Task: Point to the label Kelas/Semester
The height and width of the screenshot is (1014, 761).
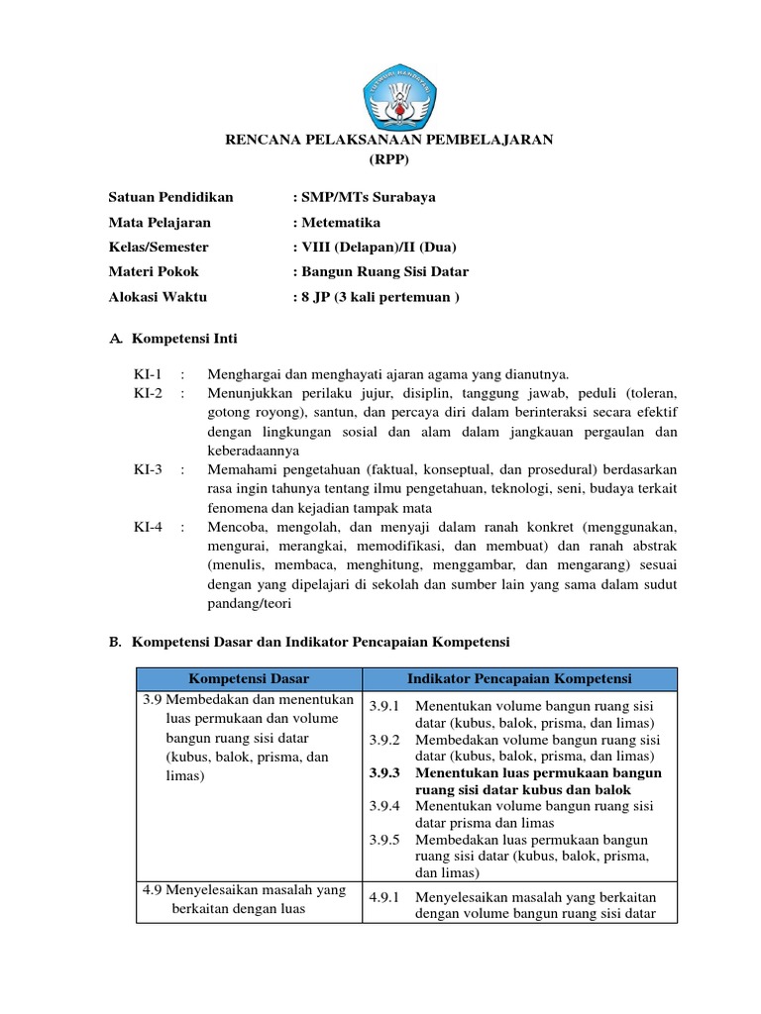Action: click(159, 247)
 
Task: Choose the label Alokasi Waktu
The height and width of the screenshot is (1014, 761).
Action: click(158, 296)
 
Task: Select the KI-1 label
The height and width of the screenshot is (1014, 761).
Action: click(148, 373)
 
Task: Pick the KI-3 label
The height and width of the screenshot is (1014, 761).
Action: click(148, 468)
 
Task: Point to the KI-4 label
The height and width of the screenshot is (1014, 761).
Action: click(148, 527)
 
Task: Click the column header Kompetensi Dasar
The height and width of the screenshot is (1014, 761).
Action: click(249, 678)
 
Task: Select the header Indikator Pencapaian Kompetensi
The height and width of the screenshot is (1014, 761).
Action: click(519, 678)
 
